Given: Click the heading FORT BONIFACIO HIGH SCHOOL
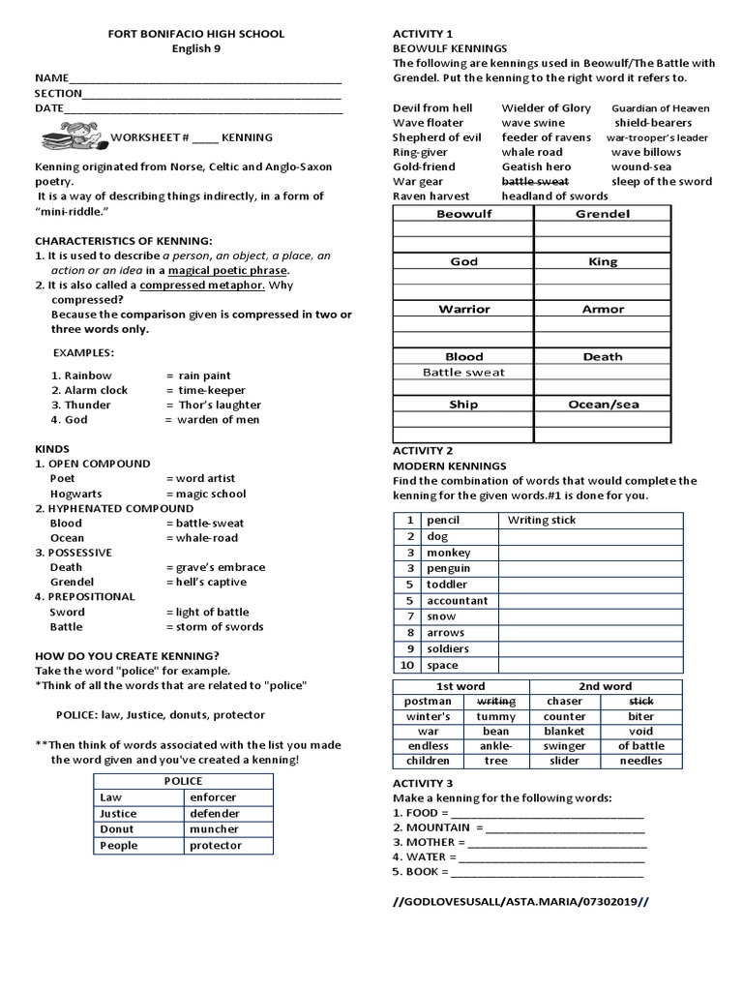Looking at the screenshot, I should coord(195,34).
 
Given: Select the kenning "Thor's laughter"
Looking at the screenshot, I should coord(220,405).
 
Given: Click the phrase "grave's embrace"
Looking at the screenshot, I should coord(222,567).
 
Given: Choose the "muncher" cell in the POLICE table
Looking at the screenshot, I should coord(214,829).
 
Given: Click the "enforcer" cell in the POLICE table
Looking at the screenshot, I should coord(214,797).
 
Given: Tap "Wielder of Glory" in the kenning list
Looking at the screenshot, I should coord(546,108).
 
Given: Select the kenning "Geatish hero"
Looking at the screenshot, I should coord(536,166).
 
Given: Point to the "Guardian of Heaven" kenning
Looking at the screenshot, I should coord(660,108).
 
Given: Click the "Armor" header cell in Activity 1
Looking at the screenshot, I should coord(603,310).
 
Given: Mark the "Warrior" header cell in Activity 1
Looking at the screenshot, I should coord(464,310).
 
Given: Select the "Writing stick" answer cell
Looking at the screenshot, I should coord(542,520).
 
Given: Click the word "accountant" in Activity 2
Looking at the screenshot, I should coord(458,600).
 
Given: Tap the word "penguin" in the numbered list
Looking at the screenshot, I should coord(449,568).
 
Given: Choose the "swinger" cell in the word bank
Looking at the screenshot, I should coord(564,746).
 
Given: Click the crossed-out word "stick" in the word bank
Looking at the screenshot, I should coord(641,701).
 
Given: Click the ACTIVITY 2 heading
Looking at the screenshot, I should coord(423,451).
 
